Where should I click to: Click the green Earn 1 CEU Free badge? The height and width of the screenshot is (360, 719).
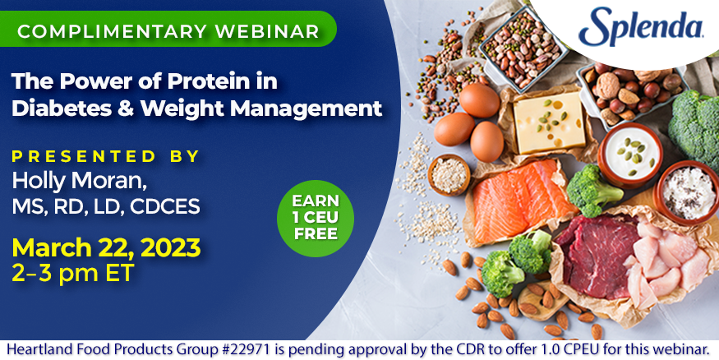[x=316, y=218]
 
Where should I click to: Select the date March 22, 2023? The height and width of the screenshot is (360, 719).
[x=106, y=248]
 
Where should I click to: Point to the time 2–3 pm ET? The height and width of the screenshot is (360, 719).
[x=73, y=274]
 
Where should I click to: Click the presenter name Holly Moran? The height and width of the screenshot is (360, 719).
[x=80, y=181]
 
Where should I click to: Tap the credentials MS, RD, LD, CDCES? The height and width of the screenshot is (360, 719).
[x=106, y=206]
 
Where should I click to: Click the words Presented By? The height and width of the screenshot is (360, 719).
[x=106, y=156]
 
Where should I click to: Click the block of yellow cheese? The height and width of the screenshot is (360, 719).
[x=549, y=122]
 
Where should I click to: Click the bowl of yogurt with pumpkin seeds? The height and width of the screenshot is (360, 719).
[x=630, y=154]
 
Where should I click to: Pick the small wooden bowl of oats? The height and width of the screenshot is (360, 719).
[x=449, y=175]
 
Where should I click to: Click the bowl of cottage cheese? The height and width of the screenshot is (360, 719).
[x=688, y=193]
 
